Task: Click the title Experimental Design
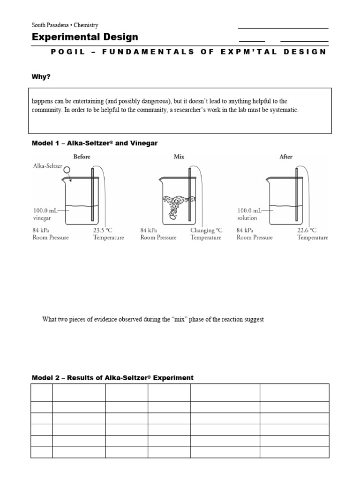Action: [x=85, y=37]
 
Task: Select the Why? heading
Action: [x=41, y=76]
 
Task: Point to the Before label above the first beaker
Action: [x=82, y=157]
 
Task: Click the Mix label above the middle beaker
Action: [x=179, y=157]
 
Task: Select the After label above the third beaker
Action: [x=286, y=157]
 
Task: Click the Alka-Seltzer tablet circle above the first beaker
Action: [x=67, y=170]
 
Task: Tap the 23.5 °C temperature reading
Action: [x=103, y=230]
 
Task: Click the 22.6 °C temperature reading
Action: [x=307, y=230]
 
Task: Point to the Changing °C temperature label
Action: [x=206, y=230]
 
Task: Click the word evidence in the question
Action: [x=109, y=319]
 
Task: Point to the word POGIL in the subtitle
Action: [x=68, y=52]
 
